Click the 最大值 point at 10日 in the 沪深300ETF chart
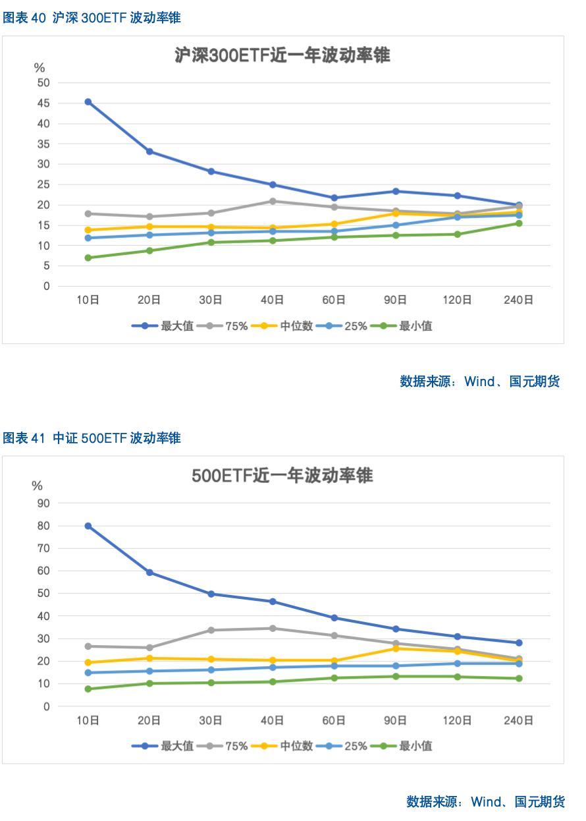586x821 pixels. coord(88,102)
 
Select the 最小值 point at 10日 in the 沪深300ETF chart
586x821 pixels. coord(88,258)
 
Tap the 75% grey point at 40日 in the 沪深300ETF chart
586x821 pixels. coord(273,201)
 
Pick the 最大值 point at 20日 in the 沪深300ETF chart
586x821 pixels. coord(149,152)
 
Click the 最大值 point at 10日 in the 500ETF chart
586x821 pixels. coord(88,526)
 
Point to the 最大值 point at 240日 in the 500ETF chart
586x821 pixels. coord(519,642)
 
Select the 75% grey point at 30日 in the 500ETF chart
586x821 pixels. coord(211,630)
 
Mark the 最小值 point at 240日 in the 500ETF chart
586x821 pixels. coord(519,678)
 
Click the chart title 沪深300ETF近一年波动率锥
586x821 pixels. coord(282,55)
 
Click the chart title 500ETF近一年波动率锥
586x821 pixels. coord(282,475)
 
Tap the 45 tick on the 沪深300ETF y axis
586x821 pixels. coord(43,103)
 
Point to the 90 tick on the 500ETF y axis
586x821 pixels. coord(43,503)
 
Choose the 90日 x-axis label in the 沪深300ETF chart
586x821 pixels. coord(396,300)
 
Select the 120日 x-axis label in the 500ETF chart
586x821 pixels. coord(457,720)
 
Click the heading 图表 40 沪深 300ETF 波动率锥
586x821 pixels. coord(92,18)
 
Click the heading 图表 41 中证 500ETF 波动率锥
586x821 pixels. coord(92,438)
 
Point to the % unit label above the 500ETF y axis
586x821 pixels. coord(38,486)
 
